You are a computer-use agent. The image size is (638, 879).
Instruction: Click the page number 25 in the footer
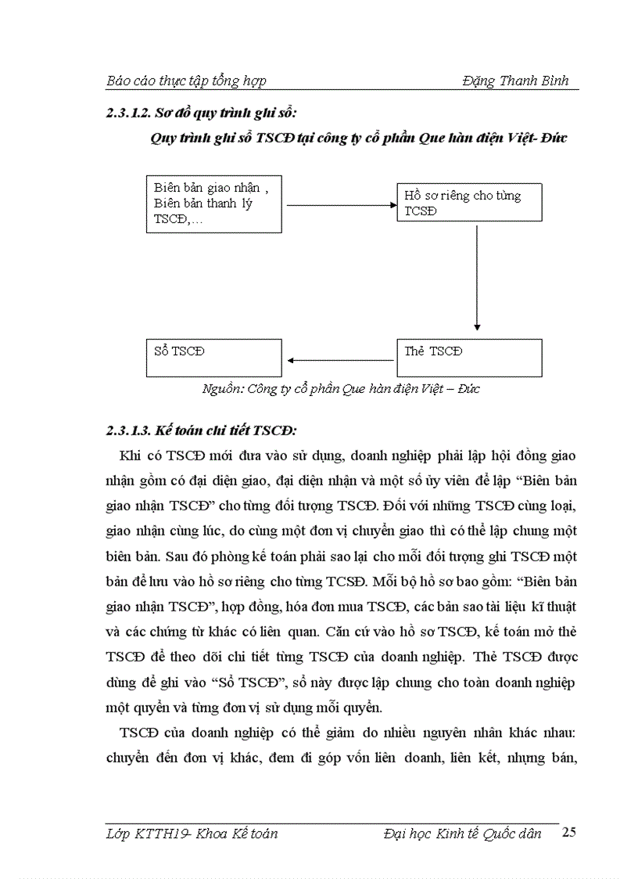[569, 834]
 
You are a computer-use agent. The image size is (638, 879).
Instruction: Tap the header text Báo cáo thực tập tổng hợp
[186, 81]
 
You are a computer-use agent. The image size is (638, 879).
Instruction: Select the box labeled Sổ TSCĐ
[214, 358]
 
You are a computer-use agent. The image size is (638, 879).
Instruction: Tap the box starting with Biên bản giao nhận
[214, 203]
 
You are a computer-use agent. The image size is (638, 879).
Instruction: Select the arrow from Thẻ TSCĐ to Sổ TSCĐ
[339, 360]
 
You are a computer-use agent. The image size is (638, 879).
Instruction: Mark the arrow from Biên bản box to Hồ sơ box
[339, 206]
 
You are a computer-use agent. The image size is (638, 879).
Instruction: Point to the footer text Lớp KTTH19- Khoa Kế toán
[192, 834]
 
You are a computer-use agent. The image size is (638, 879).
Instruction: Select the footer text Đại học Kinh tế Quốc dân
[463, 834]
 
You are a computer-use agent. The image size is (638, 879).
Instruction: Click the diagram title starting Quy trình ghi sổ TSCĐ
[358, 139]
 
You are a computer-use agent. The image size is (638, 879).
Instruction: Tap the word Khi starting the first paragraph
[130, 456]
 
